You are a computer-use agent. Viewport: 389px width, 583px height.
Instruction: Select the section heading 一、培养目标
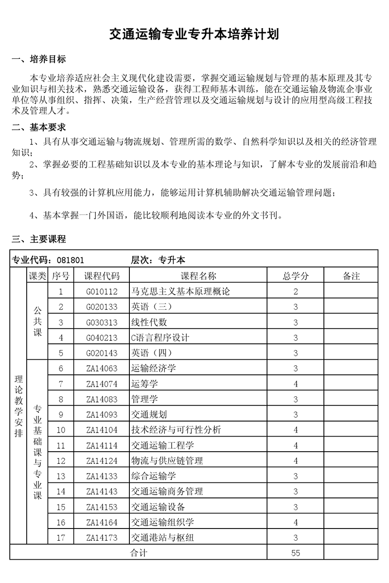pos(38,60)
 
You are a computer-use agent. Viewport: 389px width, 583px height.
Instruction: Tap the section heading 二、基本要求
pos(38,127)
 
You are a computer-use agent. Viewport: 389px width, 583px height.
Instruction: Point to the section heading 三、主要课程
pos(38,239)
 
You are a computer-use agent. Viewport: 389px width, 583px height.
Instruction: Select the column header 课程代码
pos(102,276)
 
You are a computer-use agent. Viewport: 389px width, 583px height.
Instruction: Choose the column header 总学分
pos(296,276)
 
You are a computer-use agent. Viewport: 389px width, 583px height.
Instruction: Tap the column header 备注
pos(351,276)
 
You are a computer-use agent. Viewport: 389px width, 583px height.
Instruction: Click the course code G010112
pos(102,292)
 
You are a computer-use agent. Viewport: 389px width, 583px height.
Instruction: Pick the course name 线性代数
pos(149,322)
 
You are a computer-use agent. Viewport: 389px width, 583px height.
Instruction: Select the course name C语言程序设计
pos(160,337)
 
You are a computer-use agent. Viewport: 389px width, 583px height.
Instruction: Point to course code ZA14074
pos(102,384)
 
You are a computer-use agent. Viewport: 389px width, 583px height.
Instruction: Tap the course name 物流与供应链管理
pos(167,461)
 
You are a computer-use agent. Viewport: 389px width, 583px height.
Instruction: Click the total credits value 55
pos(296,553)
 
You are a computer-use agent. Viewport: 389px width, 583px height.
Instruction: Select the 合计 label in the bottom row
pos(139,553)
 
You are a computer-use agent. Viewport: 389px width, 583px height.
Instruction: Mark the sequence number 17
pos(61,538)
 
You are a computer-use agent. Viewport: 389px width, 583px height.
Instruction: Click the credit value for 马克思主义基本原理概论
pos(296,292)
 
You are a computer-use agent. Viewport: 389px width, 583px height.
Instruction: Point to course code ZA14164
pos(102,523)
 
